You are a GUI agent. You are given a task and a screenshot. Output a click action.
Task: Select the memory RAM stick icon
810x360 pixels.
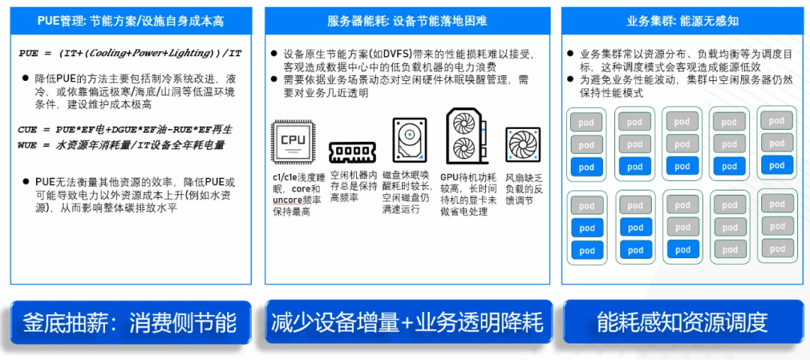click(x=352, y=151)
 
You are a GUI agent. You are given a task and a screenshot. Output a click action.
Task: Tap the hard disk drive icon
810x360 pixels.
click(x=409, y=139)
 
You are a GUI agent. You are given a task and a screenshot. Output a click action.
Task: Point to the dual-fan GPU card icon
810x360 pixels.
click(x=466, y=136)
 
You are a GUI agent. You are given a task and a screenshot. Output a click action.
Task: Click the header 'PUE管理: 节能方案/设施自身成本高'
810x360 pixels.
click(x=130, y=21)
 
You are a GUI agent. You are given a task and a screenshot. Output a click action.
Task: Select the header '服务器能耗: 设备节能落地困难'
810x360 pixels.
click(x=407, y=21)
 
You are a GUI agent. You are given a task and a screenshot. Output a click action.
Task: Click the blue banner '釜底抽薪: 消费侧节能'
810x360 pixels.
click(x=130, y=322)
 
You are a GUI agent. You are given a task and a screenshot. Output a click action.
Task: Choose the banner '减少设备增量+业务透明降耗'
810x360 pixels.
click(x=408, y=322)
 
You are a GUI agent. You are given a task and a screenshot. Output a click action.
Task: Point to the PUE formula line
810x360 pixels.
click(x=130, y=53)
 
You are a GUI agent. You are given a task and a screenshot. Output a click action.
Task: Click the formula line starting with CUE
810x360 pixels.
click(x=125, y=128)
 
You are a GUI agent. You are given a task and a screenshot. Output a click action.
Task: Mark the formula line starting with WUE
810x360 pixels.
click(x=121, y=145)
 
